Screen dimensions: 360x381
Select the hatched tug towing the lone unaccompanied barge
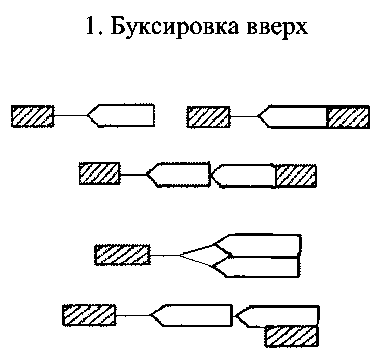(32, 115)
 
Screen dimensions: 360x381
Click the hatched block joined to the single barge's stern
(348, 116)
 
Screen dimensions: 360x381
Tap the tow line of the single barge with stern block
(244, 116)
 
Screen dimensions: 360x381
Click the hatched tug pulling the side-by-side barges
(122, 255)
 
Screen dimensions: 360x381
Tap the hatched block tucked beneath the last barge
(291, 336)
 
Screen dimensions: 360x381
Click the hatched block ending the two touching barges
(295, 175)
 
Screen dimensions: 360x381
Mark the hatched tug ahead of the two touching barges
(99, 174)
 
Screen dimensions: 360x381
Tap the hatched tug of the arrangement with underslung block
(88, 315)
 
